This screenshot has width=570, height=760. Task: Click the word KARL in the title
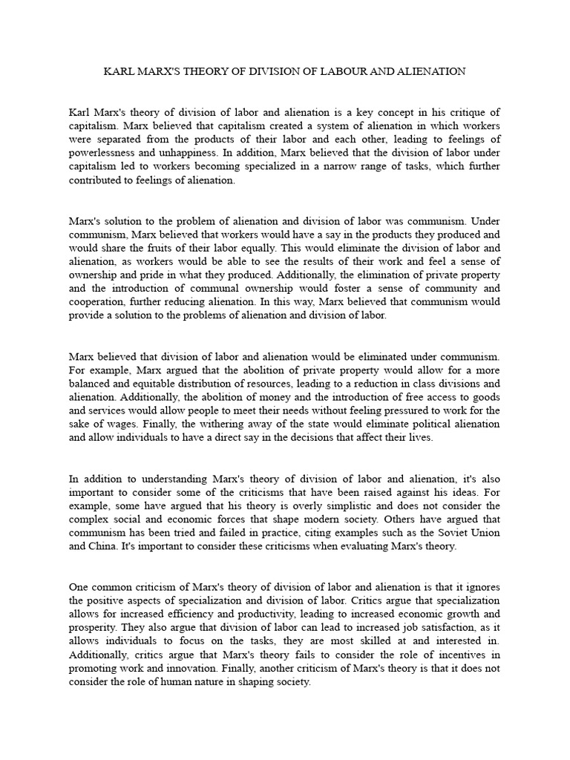point(119,72)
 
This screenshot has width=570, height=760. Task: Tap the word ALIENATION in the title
point(433,72)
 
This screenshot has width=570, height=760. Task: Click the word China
point(102,546)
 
